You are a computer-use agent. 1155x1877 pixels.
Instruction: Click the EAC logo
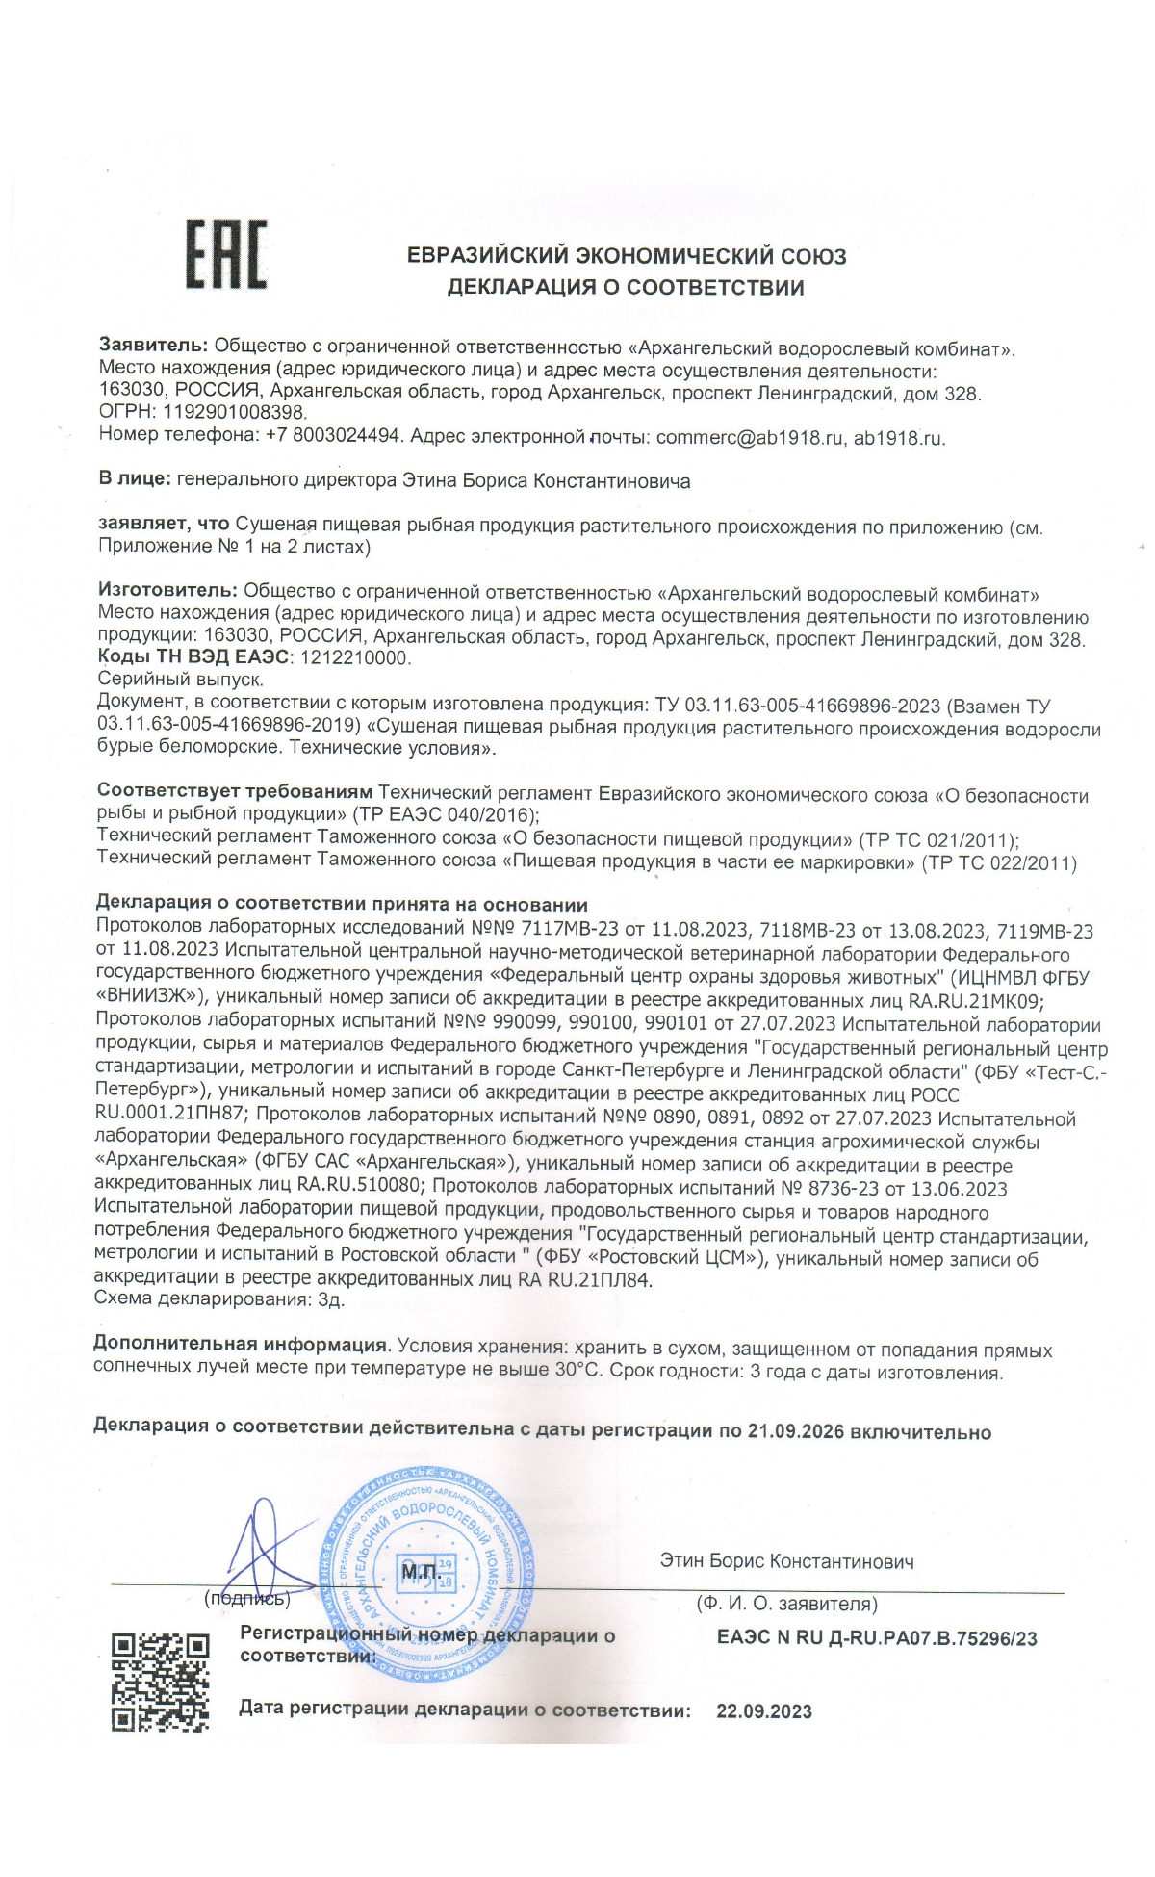(x=226, y=254)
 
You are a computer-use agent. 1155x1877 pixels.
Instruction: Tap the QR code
(x=161, y=1681)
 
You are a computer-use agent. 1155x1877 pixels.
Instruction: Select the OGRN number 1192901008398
(x=234, y=414)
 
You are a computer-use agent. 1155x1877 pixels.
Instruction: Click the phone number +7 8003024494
(x=332, y=436)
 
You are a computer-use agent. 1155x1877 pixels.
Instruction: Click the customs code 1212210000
(x=355, y=658)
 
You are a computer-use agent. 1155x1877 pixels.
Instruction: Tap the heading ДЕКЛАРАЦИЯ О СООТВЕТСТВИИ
(x=626, y=287)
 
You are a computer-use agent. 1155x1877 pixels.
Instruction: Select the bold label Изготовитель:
(x=167, y=591)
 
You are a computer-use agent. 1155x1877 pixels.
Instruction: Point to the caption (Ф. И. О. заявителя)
(x=786, y=1604)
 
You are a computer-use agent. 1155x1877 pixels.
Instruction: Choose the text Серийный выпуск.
(x=179, y=679)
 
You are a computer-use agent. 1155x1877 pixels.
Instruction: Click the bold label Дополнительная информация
(x=242, y=1344)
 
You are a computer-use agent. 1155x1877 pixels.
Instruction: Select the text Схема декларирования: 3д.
(x=218, y=1299)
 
